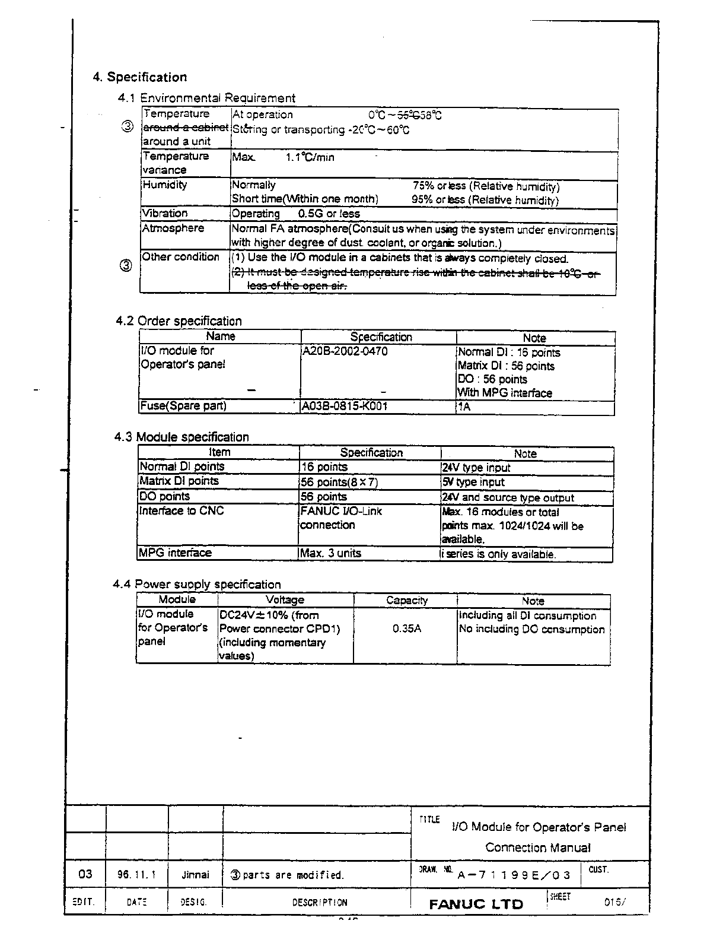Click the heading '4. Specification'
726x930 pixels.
coord(139,77)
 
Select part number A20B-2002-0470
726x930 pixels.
coord(345,351)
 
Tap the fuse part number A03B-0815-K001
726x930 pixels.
coord(345,407)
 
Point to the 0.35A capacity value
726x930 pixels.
coord(406,629)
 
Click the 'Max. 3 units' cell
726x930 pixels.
coord(330,553)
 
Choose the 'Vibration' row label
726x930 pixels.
coord(164,213)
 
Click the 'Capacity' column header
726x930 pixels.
coord(406,600)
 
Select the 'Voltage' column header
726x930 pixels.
coord(285,600)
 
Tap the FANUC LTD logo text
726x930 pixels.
coord(476,904)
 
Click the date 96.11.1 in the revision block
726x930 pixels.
coord(136,874)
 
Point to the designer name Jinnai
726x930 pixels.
coord(195,874)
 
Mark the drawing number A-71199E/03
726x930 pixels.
coord(514,875)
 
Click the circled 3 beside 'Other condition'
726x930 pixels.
coord(126,266)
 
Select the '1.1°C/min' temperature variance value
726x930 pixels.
coord(310,157)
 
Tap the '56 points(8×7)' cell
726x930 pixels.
coord(339,482)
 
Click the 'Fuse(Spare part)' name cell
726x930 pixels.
coord(183,406)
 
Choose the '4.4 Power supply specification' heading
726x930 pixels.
coord(197,584)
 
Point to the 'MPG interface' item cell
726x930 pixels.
coord(175,553)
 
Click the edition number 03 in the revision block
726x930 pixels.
coord(85,874)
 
